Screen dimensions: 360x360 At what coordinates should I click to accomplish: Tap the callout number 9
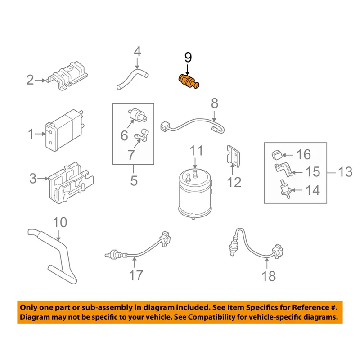tap(188, 57)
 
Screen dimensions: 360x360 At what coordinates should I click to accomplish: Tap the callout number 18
tap(269, 275)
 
